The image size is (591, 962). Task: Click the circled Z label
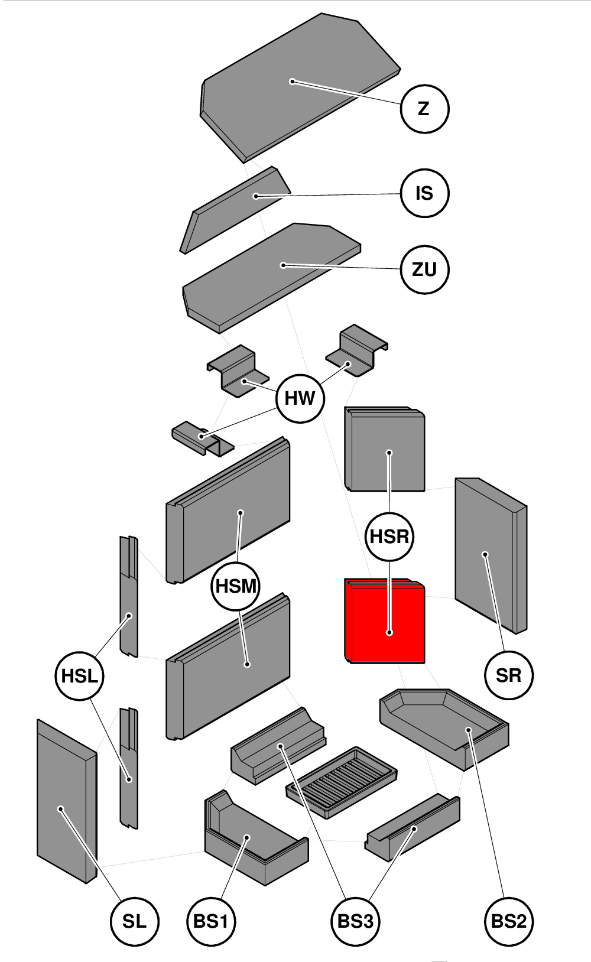424,109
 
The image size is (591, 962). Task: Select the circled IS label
424,193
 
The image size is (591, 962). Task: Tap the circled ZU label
424,269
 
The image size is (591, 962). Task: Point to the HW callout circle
300,398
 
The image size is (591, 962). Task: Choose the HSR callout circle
389,537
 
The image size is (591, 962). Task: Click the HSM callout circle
236,586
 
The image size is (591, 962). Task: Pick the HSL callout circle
79,676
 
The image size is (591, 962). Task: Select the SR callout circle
509,675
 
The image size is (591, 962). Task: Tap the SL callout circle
135,921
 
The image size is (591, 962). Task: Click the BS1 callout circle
211,921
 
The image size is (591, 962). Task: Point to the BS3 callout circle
355,921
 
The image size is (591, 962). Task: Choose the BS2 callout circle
509,921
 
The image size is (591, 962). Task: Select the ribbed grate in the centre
341,781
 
